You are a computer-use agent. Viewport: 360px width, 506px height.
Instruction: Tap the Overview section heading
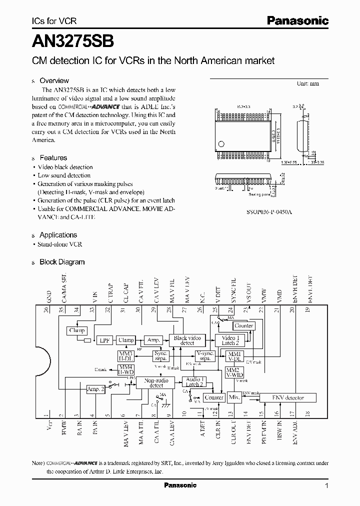click(54, 80)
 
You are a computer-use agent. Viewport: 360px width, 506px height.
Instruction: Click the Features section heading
click(53, 157)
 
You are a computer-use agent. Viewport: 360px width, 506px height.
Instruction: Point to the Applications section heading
click(58, 234)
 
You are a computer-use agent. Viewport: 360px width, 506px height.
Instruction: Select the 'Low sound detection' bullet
click(64, 175)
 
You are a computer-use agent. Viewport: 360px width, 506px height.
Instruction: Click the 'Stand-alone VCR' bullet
click(60, 244)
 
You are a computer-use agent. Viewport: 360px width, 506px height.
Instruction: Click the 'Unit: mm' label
click(307, 83)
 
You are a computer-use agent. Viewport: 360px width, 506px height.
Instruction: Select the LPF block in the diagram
click(104, 340)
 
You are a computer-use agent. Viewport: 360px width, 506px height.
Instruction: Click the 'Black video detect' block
click(187, 340)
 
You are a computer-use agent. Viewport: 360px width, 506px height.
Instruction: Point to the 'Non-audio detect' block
click(156, 382)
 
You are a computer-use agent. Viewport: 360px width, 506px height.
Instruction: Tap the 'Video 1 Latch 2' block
click(230, 340)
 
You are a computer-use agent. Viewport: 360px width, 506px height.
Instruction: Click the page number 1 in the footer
click(326, 485)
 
